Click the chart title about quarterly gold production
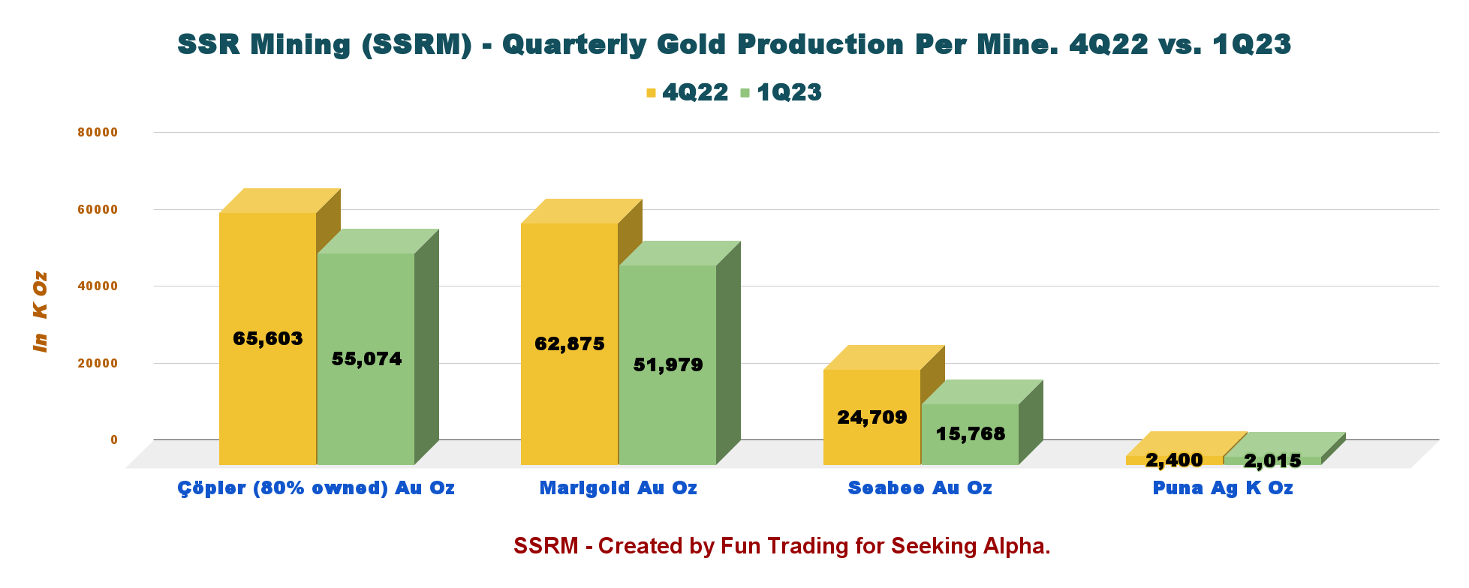click(x=734, y=44)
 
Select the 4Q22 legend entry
click(x=687, y=92)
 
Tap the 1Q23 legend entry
click(x=781, y=92)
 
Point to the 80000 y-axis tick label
click(x=98, y=132)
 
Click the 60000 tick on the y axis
click(x=98, y=209)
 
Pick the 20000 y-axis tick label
click(x=98, y=363)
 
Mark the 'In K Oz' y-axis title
click(x=41, y=311)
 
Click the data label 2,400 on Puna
click(x=1174, y=460)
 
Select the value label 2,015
click(x=1272, y=460)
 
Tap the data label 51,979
click(x=668, y=365)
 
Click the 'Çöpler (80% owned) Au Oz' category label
click(x=316, y=488)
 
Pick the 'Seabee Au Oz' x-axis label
click(x=920, y=488)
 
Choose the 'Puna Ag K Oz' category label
click(x=1223, y=488)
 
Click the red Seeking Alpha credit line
click(x=781, y=546)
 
